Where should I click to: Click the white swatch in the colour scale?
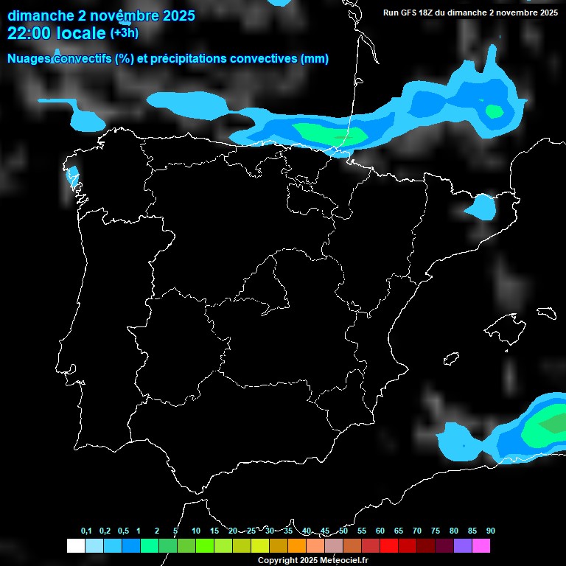pyautogui.click(x=75, y=545)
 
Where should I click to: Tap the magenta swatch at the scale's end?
pyautogui.click(x=481, y=545)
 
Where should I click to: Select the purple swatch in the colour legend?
pyautogui.click(x=462, y=545)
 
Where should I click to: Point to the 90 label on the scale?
pyautogui.click(x=490, y=531)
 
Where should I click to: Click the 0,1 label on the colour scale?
pyautogui.click(x=86, y=531)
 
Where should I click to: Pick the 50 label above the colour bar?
pyautogui.click(x=343, y=531)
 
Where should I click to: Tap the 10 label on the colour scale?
pyautogui.click(x=195, y=531)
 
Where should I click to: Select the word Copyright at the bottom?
pyautogui.click(x=277, y=560)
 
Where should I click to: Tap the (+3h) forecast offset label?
pyautogui.click(x=124, y=32)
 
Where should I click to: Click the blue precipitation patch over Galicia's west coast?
pyautogui.click(x=72, y=175)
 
